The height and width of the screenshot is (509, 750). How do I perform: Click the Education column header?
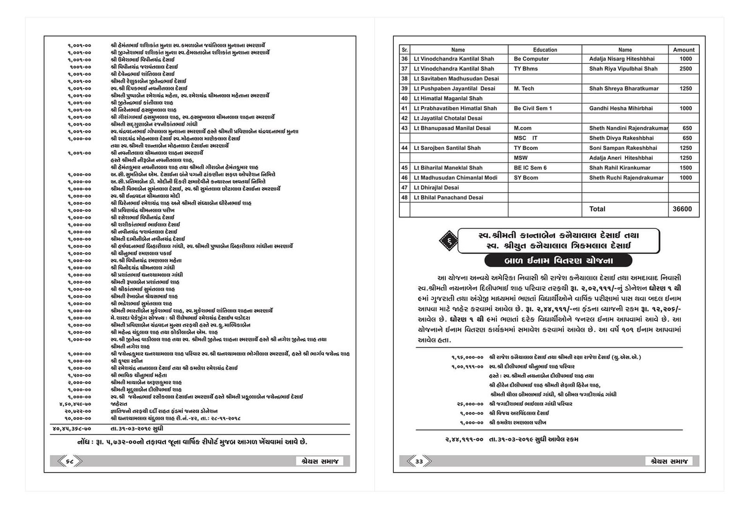(x=545, y=50)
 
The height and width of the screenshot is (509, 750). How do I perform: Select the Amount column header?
(x=683, y=50)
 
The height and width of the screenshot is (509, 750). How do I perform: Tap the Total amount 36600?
(x=682, y=209)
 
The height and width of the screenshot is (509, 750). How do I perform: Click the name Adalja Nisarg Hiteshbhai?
(x=622, y=59)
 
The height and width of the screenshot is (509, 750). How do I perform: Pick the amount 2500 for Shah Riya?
(x=685, y=69)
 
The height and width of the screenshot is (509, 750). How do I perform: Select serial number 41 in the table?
(x=405, y=108)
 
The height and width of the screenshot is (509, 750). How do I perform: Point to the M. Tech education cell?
(x=524, y=89)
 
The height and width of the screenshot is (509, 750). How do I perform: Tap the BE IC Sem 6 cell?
(x=530, y=168)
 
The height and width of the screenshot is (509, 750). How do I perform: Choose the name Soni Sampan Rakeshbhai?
(x=623, y=148)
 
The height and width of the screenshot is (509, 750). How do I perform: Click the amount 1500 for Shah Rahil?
(x=685, y=168)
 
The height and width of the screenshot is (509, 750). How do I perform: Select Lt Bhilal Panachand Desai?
(x=448, y=197)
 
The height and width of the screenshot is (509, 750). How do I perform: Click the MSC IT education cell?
(x=525, y=138)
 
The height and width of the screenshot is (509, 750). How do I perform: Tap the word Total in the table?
(x=597, y=209)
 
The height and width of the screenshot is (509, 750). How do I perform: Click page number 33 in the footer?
(x=419, y=462)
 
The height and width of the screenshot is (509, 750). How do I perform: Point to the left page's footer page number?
(x=69, y=462)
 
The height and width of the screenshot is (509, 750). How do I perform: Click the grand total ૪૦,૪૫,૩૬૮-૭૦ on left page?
(x=72, y=428)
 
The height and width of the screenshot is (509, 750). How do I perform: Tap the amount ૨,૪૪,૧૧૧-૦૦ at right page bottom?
(x=464, y=440)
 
